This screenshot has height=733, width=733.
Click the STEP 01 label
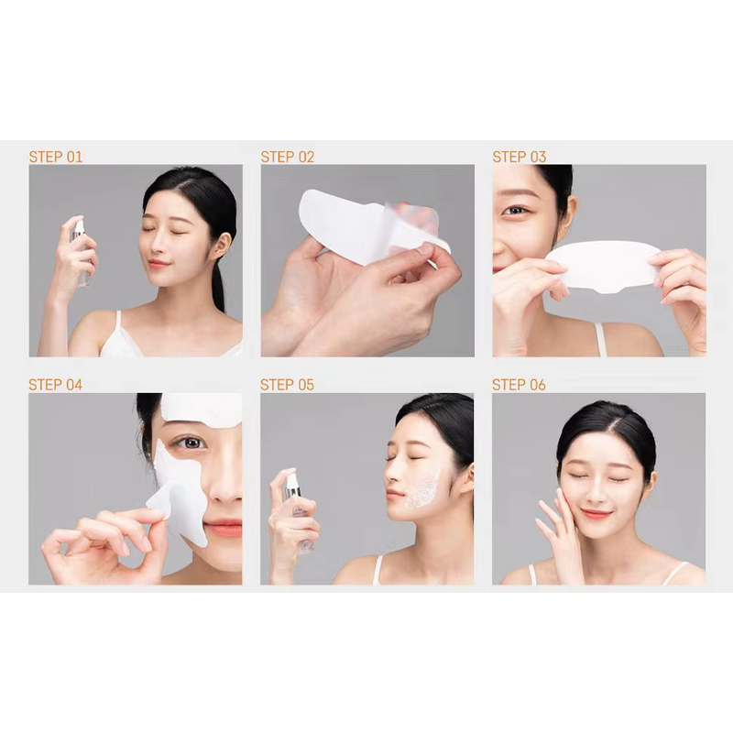pos(55,157)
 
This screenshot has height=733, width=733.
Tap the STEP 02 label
pos(287,157)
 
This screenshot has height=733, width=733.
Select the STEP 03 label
pos(519,157)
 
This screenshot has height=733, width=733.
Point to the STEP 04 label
pos(55,385)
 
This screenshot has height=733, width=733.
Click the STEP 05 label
pos(287,385)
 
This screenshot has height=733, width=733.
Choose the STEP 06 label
pos(519,385)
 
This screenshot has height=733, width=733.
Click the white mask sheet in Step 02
pos(366,220)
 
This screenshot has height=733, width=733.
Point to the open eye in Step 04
pos(189,443)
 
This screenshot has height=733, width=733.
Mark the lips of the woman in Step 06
pos(596,513)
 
